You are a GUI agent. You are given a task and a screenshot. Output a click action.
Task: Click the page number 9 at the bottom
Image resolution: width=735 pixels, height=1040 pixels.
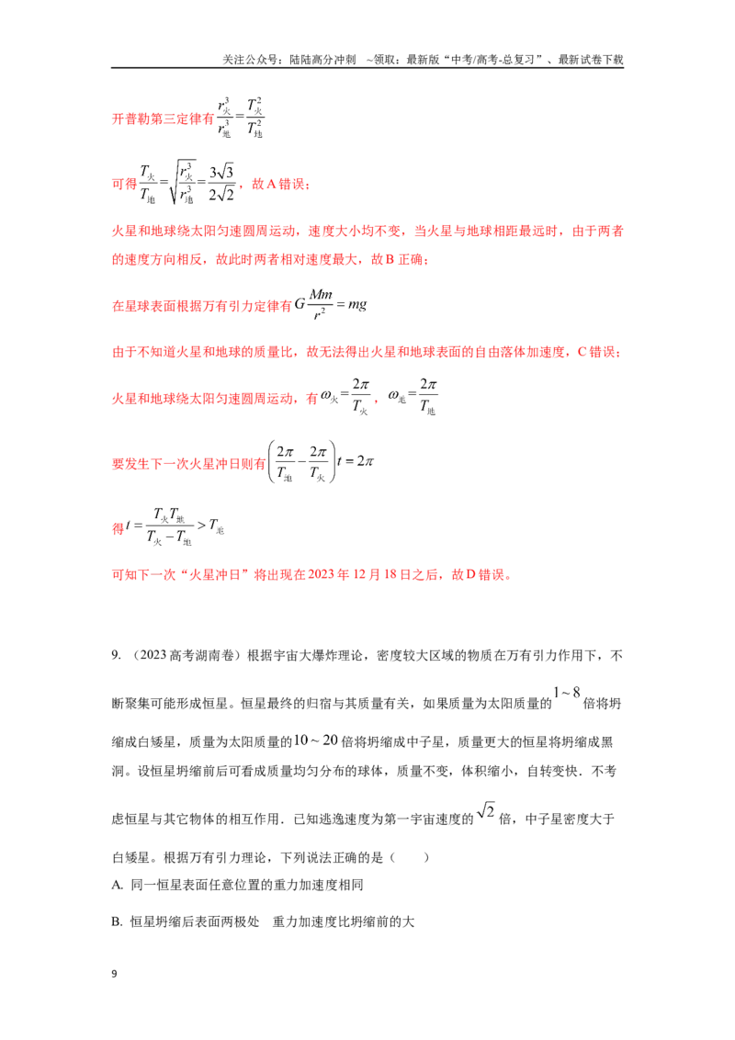[114, 974]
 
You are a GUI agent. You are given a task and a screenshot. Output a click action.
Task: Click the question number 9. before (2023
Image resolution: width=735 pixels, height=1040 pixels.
[116, 655]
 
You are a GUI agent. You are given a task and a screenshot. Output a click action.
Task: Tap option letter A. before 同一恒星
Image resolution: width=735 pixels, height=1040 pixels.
[118, 885]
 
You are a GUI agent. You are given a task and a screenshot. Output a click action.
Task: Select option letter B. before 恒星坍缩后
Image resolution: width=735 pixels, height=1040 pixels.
[118, 921]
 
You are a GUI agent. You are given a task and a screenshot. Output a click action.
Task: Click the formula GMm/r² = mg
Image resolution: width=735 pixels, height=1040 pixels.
[331, 305]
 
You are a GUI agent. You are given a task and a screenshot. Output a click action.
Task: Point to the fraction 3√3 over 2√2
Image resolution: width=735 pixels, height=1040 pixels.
[220, 183]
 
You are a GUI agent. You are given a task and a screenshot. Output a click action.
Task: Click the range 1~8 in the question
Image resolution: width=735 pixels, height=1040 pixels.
[567, 693]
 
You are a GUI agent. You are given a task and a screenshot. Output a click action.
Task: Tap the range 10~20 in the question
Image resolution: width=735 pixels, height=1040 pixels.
[316, 740]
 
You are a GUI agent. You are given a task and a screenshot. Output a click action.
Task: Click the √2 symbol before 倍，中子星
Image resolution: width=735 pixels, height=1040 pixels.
[486, 810]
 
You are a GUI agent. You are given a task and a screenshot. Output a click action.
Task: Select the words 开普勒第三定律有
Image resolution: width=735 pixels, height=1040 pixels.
[164, 119]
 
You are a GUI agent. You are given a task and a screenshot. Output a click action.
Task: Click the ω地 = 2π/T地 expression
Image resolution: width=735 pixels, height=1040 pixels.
[413, 397]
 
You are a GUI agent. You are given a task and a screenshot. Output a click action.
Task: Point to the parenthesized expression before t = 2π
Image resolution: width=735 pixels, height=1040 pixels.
[302, 461]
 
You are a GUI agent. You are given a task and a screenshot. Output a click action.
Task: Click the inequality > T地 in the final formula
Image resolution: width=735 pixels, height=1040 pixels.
[211, 526]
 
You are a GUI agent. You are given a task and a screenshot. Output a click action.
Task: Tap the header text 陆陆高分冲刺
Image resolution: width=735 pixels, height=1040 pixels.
[323, 60]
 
